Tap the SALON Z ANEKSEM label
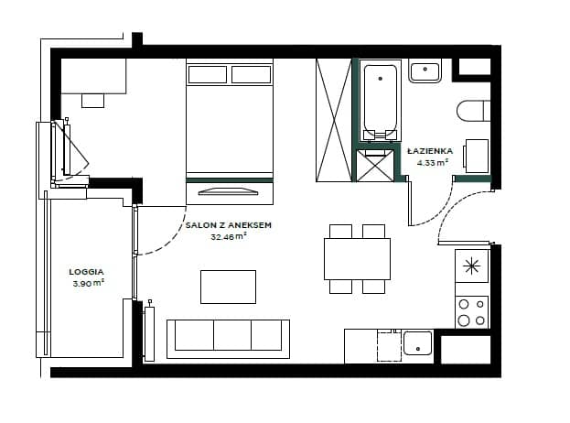click(x=229, y=225)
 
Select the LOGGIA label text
click(x=87, y=272)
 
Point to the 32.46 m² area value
click(x=229, y=237)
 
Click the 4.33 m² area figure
click(x=432, y=162)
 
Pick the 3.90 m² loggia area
click(x=89, y=283)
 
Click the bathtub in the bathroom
click(x=381, y=101)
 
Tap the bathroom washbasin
click(x=425, y=70)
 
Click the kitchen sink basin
click(x=418, y=343)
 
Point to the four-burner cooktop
click(x=471, y=312)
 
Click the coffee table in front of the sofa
click(x=229, y=287)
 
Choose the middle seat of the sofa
click(x=232, y=335)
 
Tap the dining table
click(x=357, y=259)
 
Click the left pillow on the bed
click(x=208, y=74)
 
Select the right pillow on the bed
click(x=252, y=74)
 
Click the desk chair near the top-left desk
click(x=92, y=101)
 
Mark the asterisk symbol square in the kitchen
click(x=471, y=266)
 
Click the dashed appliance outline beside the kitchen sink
click(x=390, y=345)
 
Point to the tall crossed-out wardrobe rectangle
click(x=334, y=120)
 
